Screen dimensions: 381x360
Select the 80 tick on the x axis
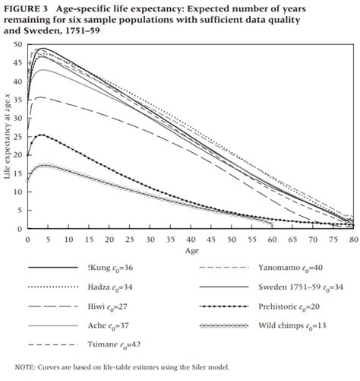coord(352,238)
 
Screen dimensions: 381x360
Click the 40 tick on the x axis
coord(190,238)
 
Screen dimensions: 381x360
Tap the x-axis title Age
coord(190,250)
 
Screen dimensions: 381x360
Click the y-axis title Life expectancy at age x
coord(8,137)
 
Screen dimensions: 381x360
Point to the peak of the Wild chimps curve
coord(43,165)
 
